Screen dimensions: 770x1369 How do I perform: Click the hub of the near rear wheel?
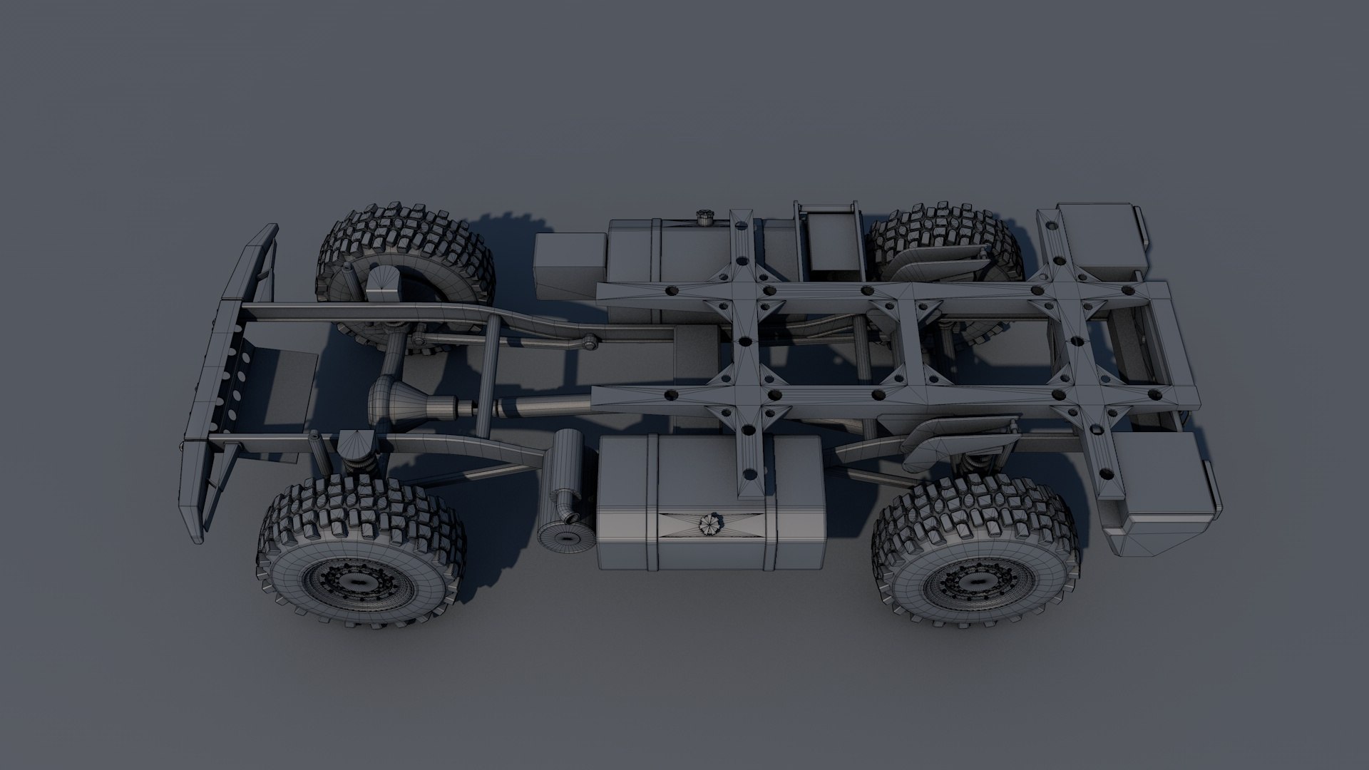975,583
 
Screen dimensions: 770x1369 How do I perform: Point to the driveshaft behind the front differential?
528,409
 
